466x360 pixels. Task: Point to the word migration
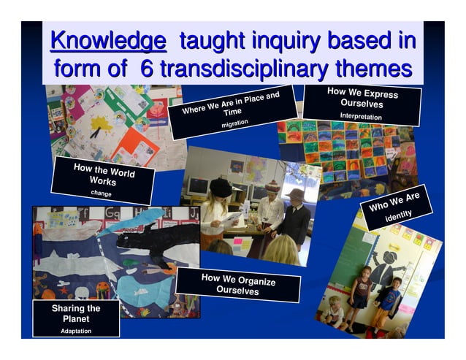point(235,124)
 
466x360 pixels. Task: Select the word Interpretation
point(361,117)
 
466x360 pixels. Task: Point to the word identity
point(399,215)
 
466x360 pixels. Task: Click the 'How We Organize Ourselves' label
point(238,283)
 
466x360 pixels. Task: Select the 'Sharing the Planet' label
point(76,313)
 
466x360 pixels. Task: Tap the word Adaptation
point(76,331)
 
